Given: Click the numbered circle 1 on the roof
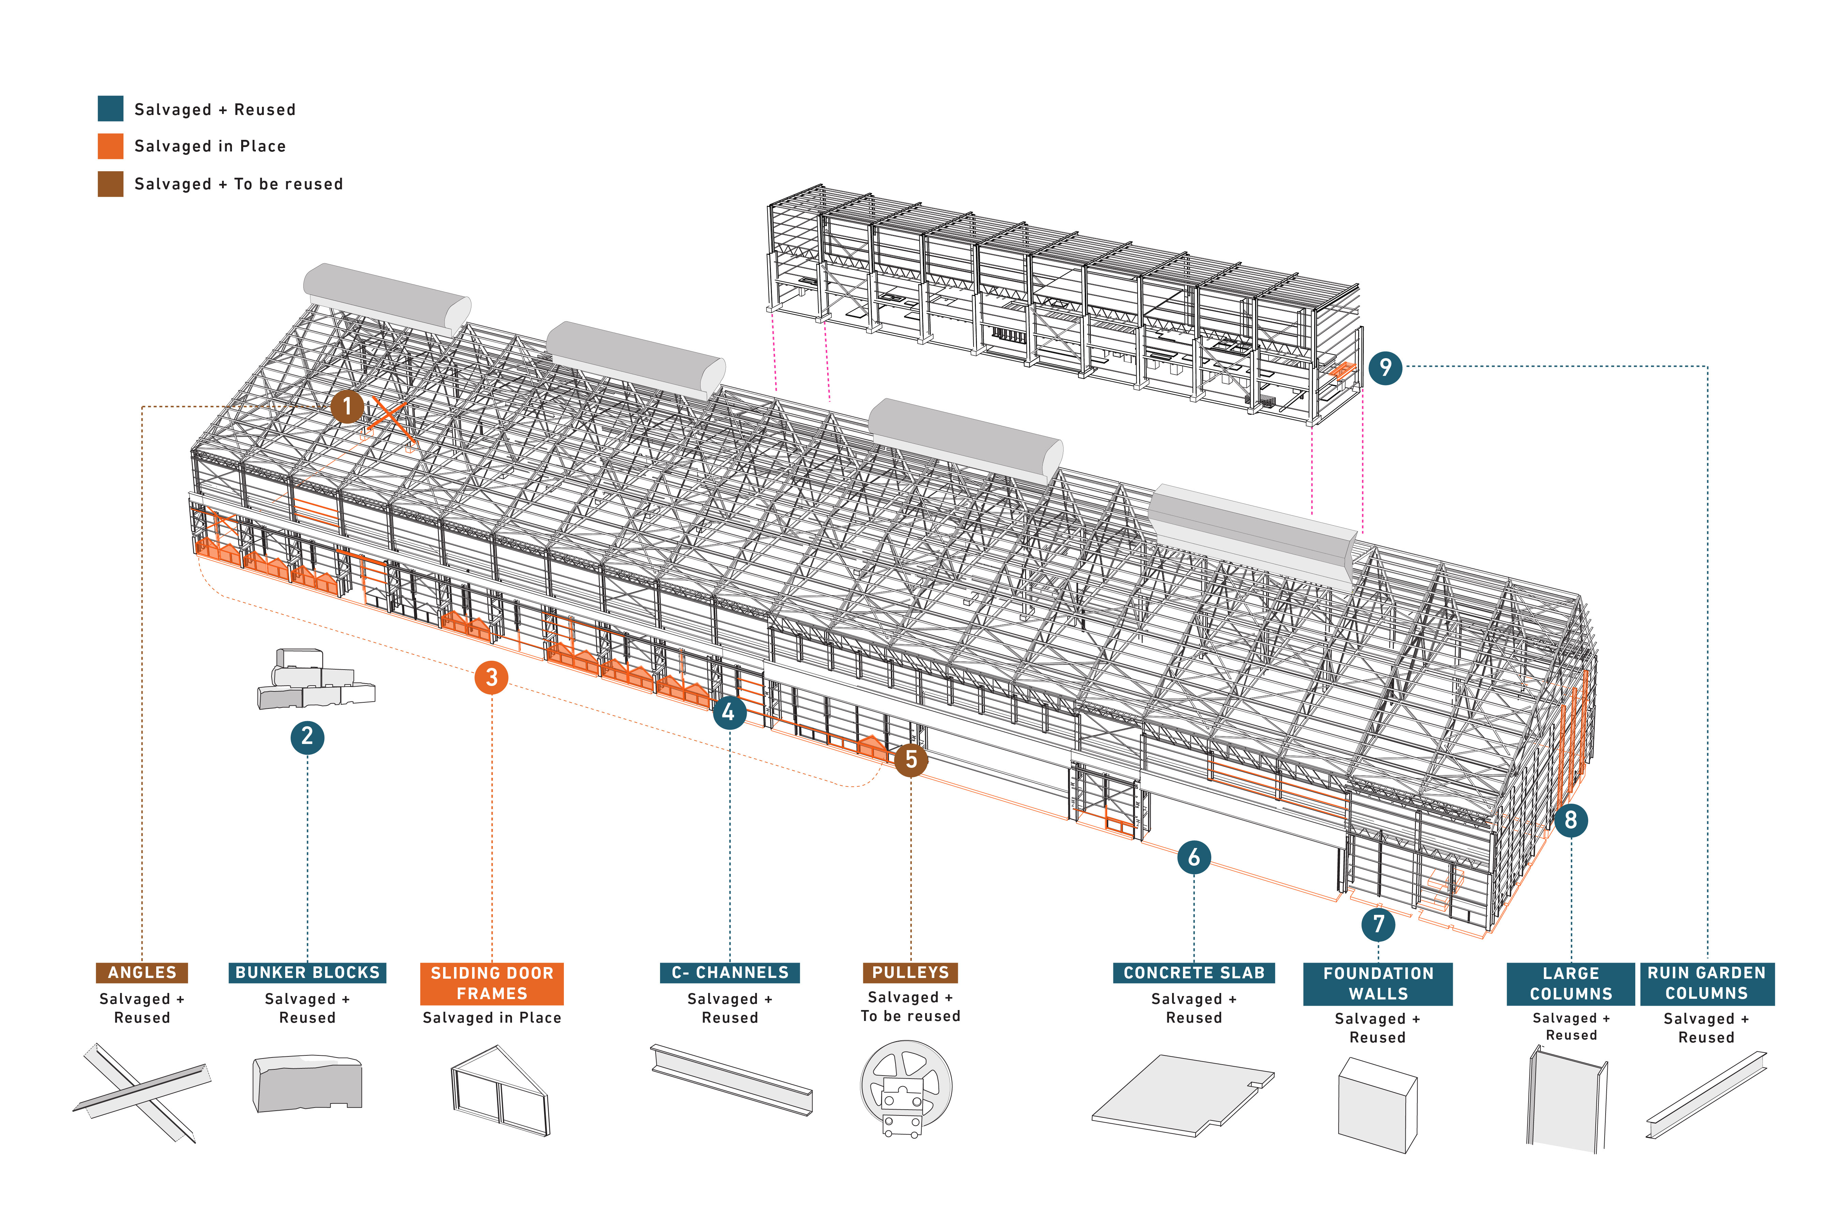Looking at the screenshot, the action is (x=347, y=407).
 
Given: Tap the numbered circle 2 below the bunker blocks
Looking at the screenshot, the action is (x=307, y=737).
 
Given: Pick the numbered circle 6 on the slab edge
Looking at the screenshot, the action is (x=1194, y=857).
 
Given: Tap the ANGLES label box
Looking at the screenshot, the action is (x=142, y=973).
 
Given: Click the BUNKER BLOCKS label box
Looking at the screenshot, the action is (x=307, y=973).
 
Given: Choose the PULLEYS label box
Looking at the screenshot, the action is (x=910, y=973).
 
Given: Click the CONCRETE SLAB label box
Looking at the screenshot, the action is (x=1194, y=973).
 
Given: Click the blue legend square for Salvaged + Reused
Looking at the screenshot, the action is (x=111, y=109).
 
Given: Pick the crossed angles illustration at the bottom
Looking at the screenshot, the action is (x=142, y=1093).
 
